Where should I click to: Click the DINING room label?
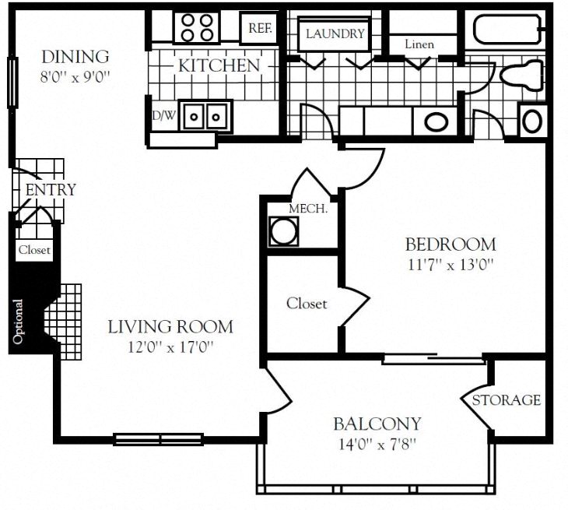75,57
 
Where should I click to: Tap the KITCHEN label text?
219,65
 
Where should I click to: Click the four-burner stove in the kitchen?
197,27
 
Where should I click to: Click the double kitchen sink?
205,117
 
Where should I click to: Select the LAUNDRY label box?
335,34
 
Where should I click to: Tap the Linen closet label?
419,44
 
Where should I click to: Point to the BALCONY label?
377,424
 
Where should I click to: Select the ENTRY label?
51,190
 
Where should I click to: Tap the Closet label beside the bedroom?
307,304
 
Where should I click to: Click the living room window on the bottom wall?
159,439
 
